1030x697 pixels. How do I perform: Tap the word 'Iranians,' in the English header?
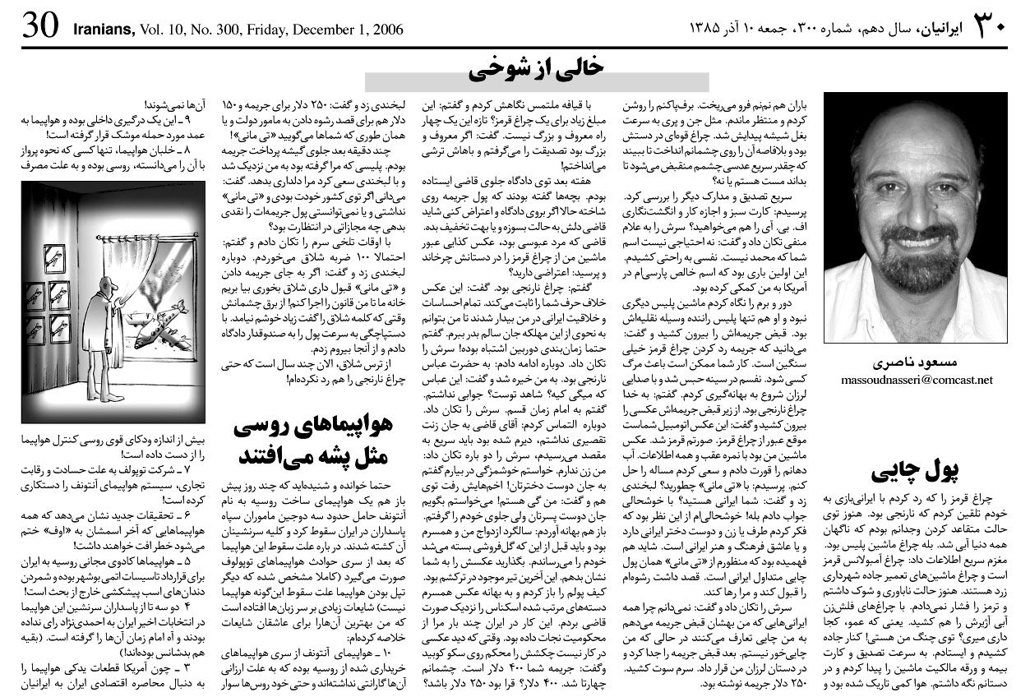click(103, 30)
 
